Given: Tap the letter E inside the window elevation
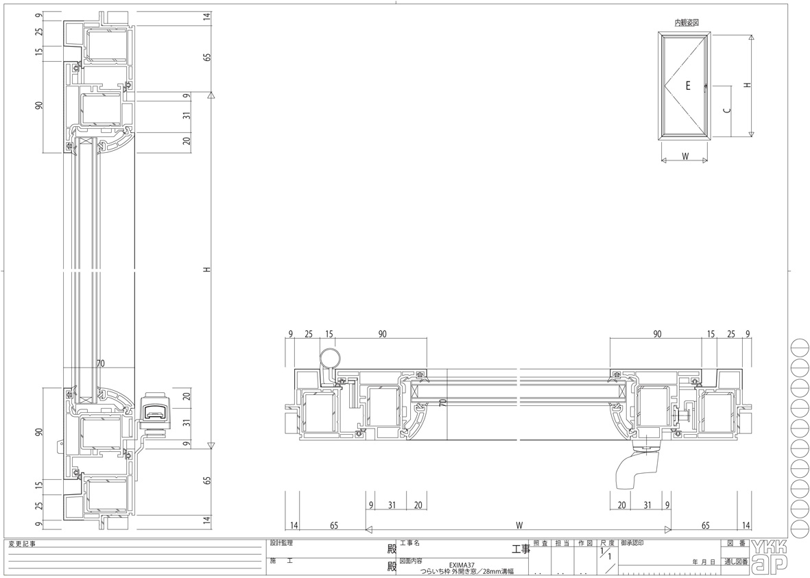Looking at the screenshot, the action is coord(687,86).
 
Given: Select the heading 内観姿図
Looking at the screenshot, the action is coord(687,23).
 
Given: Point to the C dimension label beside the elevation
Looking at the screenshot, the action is coord(727,110).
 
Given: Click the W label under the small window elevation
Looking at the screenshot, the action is coord(685,156).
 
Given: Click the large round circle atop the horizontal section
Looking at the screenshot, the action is coord(330,358).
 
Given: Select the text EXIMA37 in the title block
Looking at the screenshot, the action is coord(462,565).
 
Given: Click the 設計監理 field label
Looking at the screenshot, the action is coord(281,544).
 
